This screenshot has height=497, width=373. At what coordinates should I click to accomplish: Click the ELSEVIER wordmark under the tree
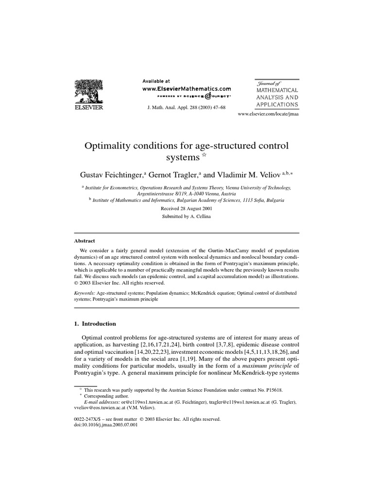[88, 108]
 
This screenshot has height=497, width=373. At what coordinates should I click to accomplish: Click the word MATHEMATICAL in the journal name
[277, 90]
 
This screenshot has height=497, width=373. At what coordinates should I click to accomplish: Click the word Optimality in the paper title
[108, 146]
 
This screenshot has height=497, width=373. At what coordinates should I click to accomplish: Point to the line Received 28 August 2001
[186, 208]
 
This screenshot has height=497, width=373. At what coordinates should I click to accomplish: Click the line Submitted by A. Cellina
[186, 216]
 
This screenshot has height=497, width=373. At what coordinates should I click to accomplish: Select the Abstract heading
[85, 241]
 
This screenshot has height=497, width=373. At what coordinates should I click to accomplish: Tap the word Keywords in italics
[85, 293]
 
